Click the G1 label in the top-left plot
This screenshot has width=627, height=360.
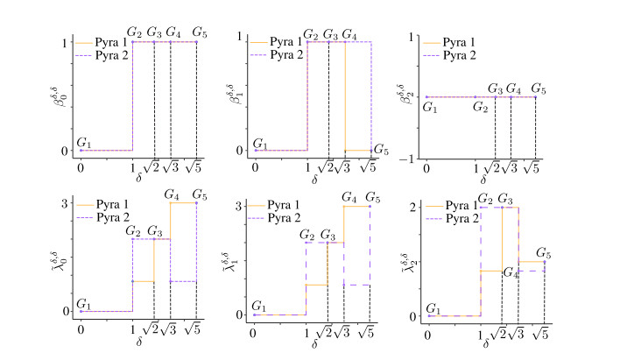pyautogui.click(x=84, y=142)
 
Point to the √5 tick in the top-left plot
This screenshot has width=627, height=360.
pyautogui.click(x=198, y=162)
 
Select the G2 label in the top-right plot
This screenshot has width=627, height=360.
pyautogui.click(x=478, y=107)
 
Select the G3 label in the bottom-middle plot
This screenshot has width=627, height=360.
pyautogui.click(x=328, y=234)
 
